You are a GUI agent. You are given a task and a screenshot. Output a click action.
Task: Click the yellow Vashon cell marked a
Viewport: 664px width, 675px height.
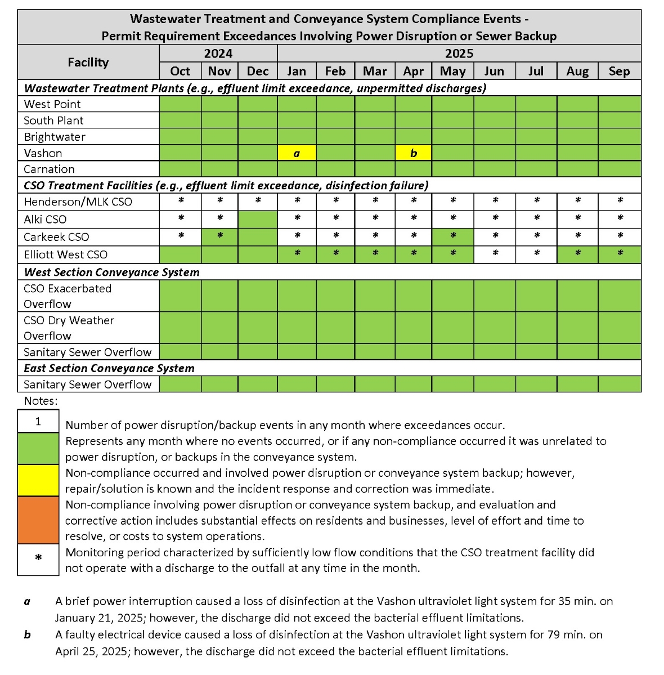[297, 153]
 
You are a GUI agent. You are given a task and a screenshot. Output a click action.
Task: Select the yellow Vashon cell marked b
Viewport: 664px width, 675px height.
[414, 153]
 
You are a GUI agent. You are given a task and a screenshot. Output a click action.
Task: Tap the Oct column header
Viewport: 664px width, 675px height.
[180, 71]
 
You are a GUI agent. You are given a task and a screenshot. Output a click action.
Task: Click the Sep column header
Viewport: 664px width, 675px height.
[619, 71]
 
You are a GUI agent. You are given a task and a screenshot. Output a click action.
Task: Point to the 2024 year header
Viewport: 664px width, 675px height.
[218, 53]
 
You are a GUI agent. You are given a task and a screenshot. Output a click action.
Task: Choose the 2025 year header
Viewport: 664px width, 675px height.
[459, 53]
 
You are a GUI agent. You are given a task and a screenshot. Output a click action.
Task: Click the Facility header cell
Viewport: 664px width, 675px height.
[88, 62]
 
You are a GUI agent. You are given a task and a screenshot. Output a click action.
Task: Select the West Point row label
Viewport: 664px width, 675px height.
[52, 104]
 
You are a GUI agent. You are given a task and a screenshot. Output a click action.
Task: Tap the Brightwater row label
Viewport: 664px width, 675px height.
[55, 137]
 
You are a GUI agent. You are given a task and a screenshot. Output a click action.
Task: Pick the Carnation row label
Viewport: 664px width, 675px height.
[49, 169]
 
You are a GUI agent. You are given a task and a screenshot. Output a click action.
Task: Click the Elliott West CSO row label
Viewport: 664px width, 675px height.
[65, 254]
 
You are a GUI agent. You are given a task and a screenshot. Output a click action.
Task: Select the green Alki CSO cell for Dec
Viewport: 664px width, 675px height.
[258, 219]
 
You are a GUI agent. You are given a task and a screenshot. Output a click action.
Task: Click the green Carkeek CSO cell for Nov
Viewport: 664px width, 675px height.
[219, 236]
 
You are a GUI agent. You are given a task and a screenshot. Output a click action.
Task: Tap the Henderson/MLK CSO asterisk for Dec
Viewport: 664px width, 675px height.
[258, 202]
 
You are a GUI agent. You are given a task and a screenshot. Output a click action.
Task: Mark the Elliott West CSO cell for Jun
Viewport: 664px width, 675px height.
[495, 254]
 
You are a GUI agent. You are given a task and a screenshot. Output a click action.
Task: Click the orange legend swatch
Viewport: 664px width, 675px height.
[38, 520]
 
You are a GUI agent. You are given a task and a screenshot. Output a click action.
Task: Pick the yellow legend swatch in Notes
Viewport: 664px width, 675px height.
[38, 480]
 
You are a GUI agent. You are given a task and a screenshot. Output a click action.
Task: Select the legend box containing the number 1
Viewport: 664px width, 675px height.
[38, 421]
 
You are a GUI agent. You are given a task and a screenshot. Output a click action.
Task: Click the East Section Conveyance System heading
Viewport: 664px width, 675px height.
[109, 368]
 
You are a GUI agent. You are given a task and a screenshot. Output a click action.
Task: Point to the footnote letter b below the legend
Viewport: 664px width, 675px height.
[27, 634]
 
